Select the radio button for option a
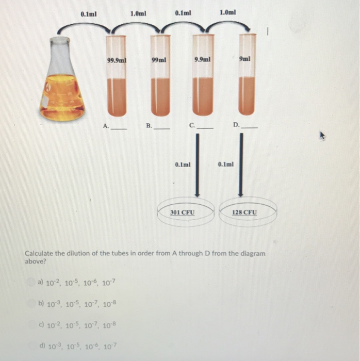click(x=31, y=282)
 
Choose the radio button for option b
click(x=31, y=304)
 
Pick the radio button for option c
click(x=31, y=326)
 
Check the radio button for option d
click(x=31, y=348)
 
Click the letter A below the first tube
click(x=105, y=125)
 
